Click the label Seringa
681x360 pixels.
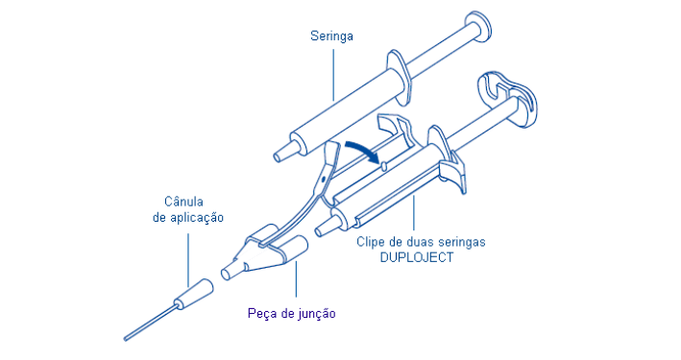(x=332, y=36)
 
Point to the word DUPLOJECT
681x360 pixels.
(x=415, y=258)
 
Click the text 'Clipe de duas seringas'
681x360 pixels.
(x=421, y=242)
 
